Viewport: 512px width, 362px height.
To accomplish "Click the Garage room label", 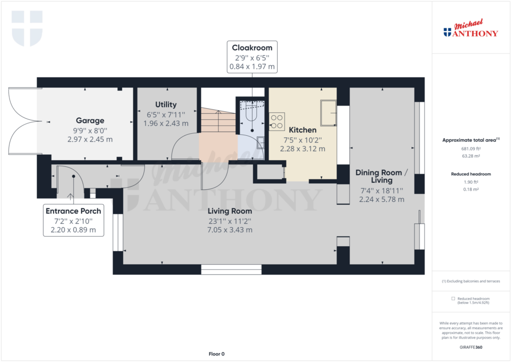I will pos(90,120).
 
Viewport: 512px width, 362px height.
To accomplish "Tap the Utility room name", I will pos(165,104).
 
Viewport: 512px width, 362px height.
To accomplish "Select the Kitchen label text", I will pos(302,130).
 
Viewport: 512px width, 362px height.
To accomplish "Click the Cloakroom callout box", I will pos(252,57).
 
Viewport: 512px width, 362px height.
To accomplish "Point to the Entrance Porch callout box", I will pos(73,220).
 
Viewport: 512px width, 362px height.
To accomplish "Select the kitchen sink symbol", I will pos(328,113).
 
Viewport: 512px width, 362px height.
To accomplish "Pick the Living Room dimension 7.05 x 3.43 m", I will pos(230,230).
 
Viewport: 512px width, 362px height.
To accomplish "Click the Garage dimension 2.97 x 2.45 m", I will pos(90,139).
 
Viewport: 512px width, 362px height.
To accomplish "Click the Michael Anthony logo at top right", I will pos(471,29).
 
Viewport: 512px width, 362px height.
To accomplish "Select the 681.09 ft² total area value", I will pos(471,149).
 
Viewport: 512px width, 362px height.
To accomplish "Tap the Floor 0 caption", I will pos(217,354).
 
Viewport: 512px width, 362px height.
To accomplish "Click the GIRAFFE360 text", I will pos(471,347).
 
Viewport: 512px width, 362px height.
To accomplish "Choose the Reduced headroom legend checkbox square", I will pos(453,298).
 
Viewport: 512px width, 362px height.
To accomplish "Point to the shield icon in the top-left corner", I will pos(27,27).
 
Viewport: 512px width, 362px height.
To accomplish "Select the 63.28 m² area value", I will pos(471,156).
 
